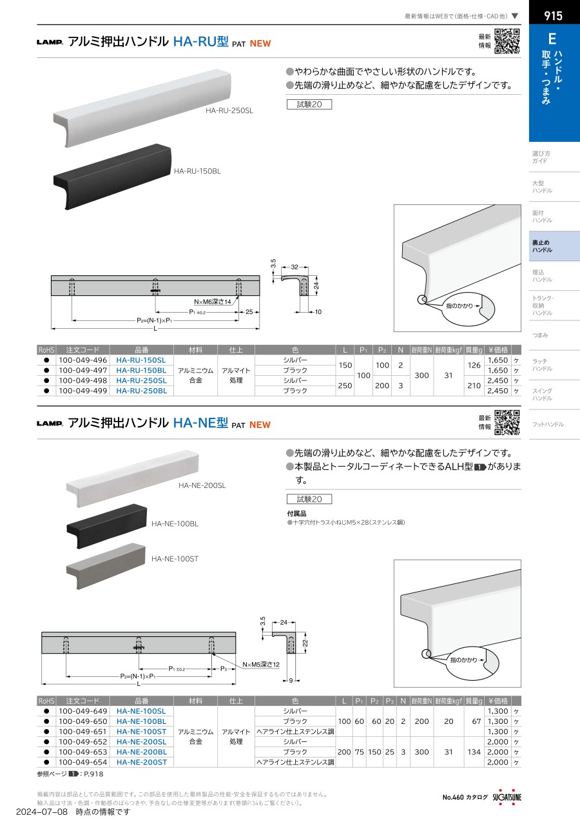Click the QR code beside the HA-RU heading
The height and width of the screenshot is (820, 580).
[507, 41]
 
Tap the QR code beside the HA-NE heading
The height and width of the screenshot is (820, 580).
[507, 422]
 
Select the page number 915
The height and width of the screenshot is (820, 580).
[553, 15]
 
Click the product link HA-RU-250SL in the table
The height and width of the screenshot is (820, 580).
[141, 380]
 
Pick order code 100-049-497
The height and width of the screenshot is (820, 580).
[82, 370]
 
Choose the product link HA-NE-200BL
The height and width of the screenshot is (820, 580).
[142, 752]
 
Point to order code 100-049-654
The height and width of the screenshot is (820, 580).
[82, 762]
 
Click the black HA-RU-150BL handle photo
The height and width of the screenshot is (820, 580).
[112, 176]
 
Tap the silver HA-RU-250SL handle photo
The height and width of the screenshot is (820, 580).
[142, 108]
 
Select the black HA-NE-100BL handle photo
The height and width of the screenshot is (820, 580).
[107, 526]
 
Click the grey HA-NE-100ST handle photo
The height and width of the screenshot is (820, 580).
[106, 565]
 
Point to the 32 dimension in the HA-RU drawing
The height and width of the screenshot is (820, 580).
[295, 268]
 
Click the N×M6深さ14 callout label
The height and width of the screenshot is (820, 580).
[212, 302]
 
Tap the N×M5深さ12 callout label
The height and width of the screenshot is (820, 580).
[261, 665]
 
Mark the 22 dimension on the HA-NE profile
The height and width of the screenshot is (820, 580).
[305, 643]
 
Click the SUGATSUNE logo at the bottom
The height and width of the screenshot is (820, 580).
[507, 797]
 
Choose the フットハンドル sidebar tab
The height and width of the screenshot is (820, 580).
[548, 424]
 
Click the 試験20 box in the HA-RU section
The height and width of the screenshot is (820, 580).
[309, 104]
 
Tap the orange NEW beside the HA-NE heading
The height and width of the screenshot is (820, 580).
[260, 425]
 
